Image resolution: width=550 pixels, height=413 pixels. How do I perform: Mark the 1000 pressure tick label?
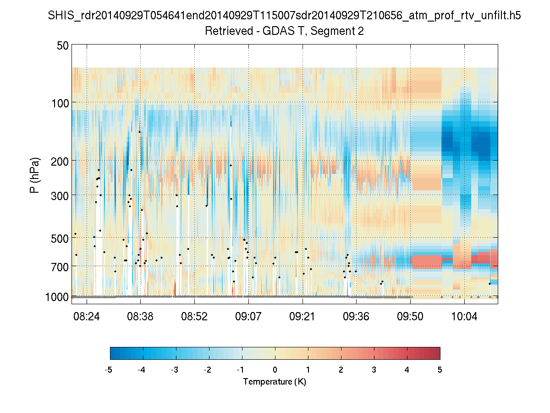pos(57,297)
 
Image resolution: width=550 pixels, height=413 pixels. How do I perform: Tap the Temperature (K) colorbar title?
pos(275,381)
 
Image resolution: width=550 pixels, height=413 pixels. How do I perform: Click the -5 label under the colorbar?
pos(109,370)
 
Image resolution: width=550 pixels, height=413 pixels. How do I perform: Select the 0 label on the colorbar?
pos(275,370)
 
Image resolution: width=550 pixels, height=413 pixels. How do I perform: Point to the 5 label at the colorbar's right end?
pos(440,370)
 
